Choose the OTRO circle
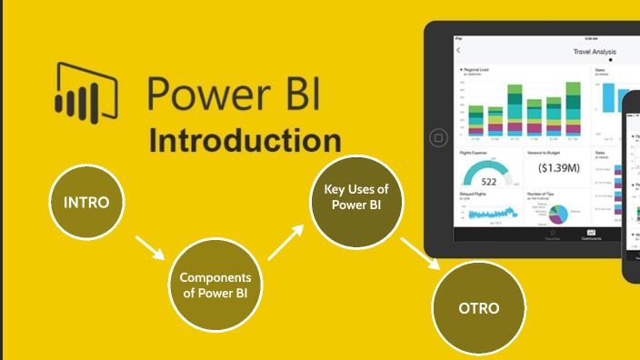pyautogui.click(x=478, y=308)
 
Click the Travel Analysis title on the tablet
pyautogui.click(x=595, y=53)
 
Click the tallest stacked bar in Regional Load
pyautogui.click(x=573, y=111)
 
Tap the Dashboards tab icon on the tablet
pyautogui.click(x=590, y=234)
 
